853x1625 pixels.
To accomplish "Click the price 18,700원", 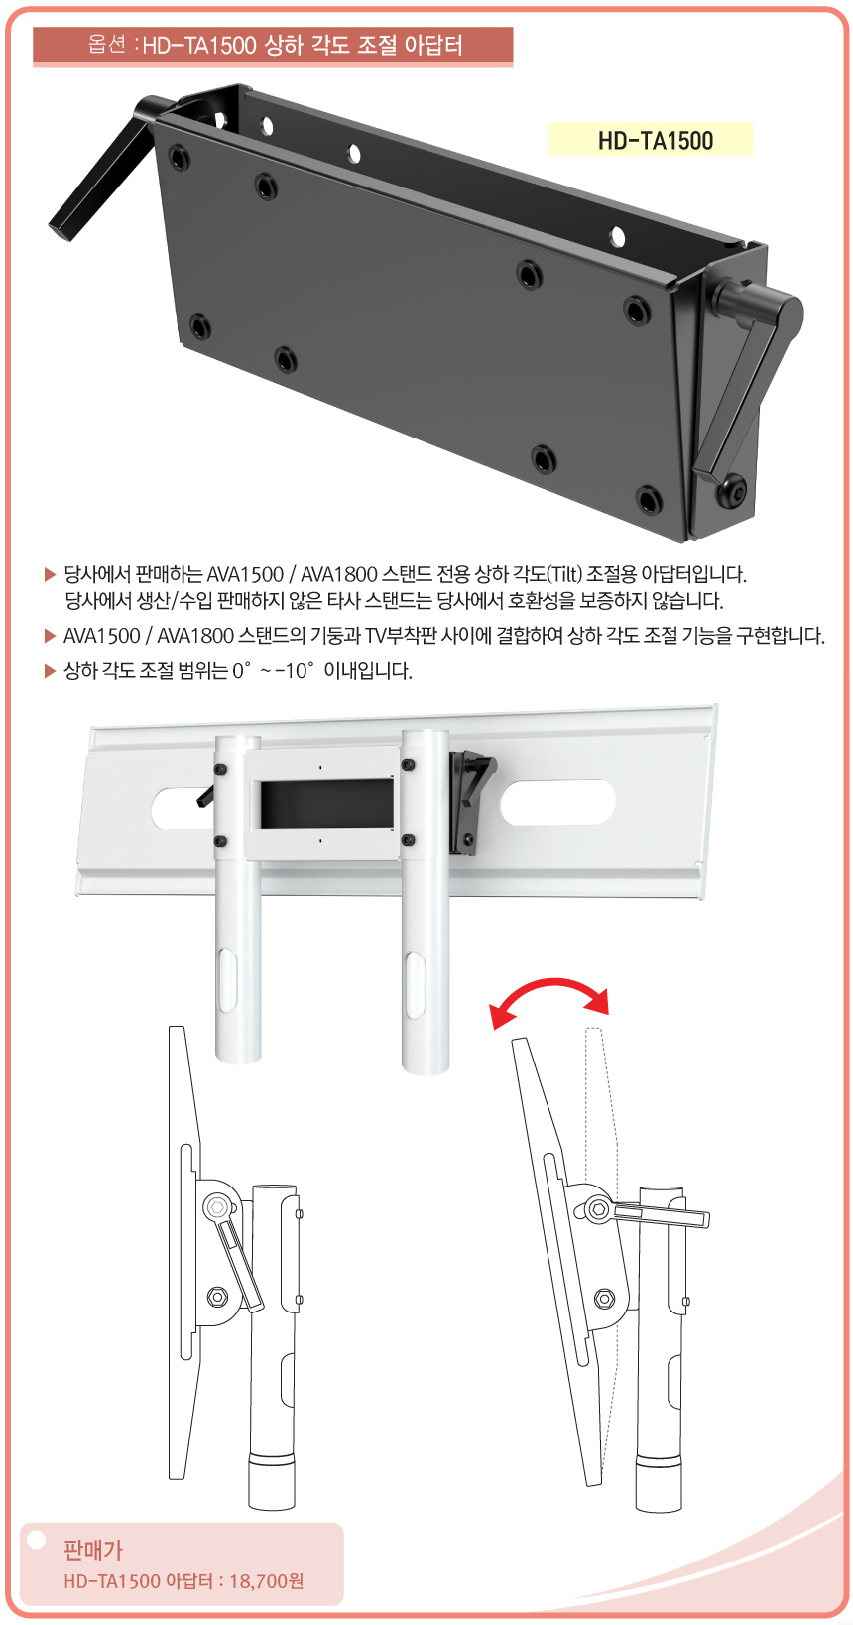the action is point(266,1582).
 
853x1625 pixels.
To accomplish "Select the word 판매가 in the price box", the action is point(93,1551).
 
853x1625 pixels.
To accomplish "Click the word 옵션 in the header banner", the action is point(107,45).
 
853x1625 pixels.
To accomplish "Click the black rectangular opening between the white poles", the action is point(327,806).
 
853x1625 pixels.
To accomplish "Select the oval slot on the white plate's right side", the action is point(557,803).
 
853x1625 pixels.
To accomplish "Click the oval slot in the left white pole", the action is point(226,984).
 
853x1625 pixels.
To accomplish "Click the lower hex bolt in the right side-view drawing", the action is point(603,1297).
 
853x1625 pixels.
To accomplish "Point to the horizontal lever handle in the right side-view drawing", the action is point(660,1214).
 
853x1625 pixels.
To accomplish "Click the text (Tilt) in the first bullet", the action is point(562,574).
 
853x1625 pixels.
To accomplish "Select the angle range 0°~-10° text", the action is point(275,670).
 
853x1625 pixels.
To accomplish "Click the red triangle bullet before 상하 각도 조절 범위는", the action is point(50,670).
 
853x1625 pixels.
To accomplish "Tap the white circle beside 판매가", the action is point(36,1538).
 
